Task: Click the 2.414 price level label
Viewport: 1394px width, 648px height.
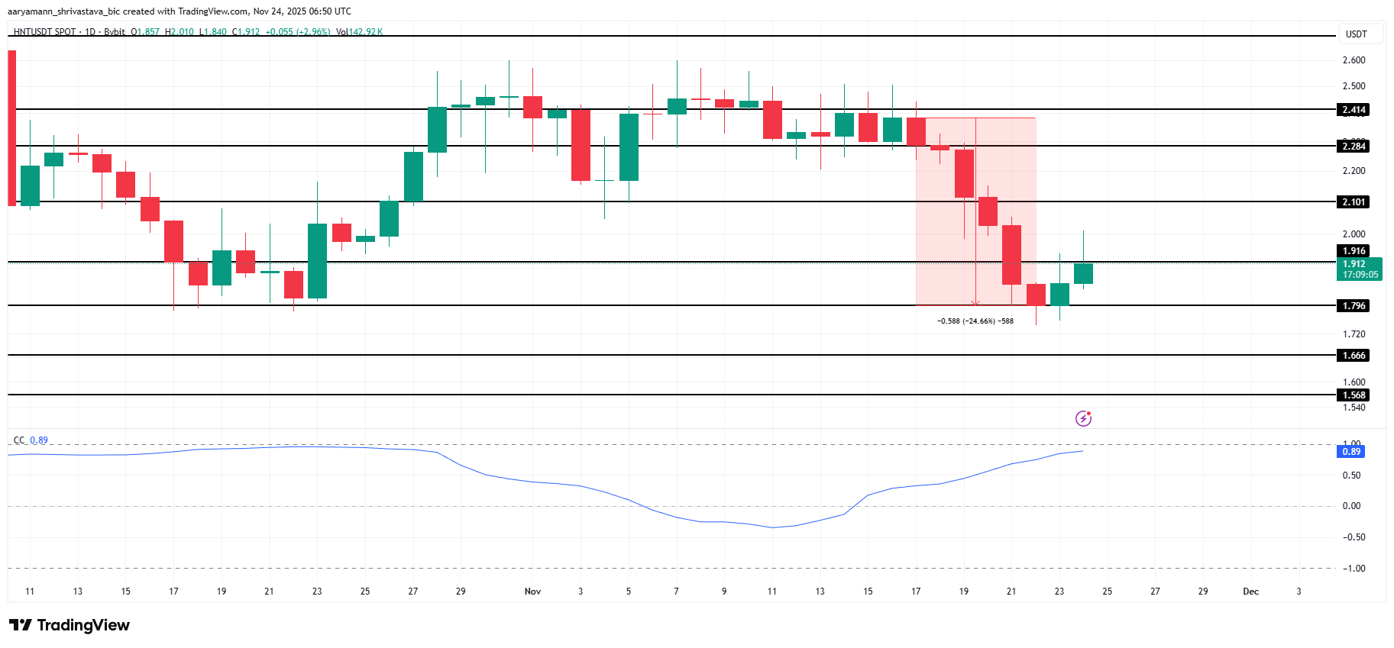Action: coord(1354,110)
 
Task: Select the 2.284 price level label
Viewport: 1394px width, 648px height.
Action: coord(1354,147)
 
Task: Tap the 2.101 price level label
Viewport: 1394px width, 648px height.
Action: coord(1354,202)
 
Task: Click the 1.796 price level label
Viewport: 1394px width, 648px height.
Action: coord(1354,306)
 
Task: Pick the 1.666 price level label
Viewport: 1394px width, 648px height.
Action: coord(1354,356)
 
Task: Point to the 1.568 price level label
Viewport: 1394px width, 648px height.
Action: coord(1354,395)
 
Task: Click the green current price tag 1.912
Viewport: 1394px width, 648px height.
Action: coord(1360,269)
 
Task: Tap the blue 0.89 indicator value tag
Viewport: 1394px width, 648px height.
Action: coord(1351,452)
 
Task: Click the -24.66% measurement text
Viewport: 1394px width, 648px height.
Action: coord(975,321)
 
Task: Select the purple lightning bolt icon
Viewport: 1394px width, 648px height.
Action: coord(1083,418)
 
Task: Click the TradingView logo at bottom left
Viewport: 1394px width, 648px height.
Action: coord(70,625)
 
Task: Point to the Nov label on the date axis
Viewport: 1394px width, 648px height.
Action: coord(532,592)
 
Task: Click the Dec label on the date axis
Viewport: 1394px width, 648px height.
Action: coord(1250,592)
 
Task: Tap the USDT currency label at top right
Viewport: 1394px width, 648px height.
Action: coord(1356,34)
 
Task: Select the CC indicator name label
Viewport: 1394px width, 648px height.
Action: coord(19,440)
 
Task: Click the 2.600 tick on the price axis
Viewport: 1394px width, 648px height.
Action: coord(1354,60)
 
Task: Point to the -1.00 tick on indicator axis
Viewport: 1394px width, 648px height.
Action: coord(1354,569)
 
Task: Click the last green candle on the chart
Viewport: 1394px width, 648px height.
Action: coord(1083,274)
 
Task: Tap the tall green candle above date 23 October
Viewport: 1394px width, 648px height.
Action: coord(317,260)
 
